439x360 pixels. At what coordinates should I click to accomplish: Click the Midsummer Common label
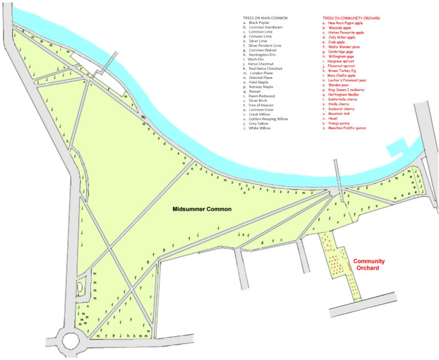[x=202, y=209]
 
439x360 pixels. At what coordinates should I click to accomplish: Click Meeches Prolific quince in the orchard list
[x=347, y=128]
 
